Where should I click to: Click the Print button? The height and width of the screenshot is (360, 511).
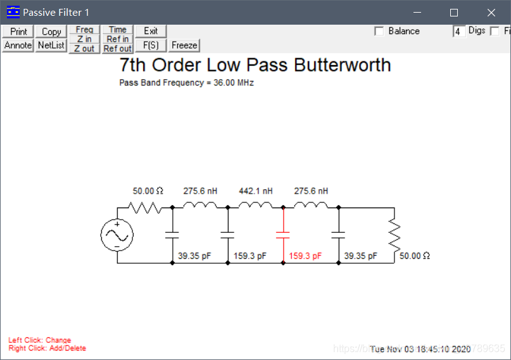[x=18, y=32]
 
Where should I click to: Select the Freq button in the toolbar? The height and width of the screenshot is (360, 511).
[x=84, y=30]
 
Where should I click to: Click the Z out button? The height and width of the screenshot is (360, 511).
[x=84, y=49]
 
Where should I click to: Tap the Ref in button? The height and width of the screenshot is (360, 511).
[x=118, y=39]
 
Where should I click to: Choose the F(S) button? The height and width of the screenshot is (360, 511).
[x=151, y=45]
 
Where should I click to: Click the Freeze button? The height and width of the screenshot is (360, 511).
[x=184, y=45]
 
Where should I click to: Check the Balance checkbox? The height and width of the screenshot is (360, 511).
[x=379, y=31]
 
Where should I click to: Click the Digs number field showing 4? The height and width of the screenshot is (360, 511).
[x=458, y=31]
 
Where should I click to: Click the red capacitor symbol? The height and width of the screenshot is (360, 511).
[x=283, y=235]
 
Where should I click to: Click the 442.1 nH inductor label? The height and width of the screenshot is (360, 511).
[x=255, y=190]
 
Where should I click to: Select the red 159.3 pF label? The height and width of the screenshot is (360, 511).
[x=305, y=256]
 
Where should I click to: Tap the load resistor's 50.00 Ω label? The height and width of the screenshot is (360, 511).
[x=415, y=256]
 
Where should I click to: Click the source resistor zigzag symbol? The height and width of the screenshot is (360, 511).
[x=145, y=208]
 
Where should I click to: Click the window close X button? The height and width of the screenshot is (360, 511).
[x=491, y=12]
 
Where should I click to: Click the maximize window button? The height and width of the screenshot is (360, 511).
[x=453, y=12]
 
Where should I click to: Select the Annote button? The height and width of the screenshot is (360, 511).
[x=18, y=45]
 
